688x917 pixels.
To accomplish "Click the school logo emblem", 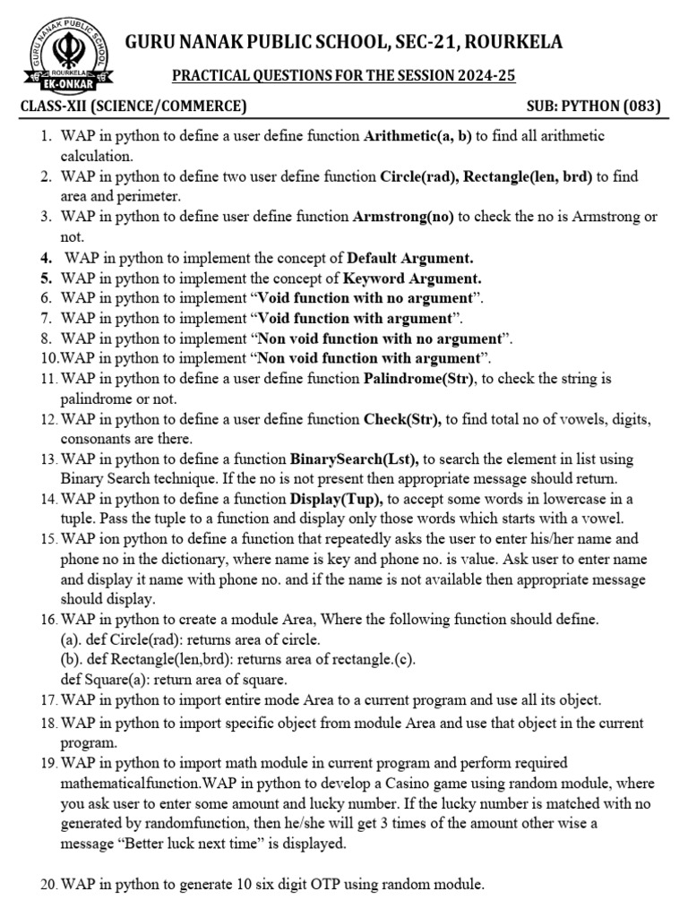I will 72,53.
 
